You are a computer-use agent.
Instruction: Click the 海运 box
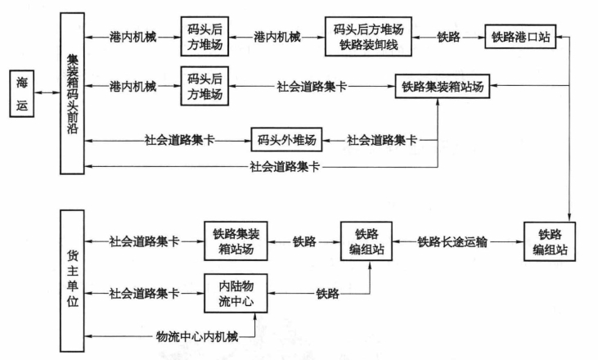tap(22, 93)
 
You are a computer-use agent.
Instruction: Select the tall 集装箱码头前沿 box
tap(72, 93)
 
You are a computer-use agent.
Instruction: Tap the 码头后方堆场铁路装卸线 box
tap(368, 37)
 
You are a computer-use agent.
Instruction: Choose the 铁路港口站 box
tap(520, 37)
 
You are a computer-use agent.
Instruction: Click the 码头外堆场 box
tap(286, 140)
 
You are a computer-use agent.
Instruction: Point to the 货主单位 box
tap(72, 281)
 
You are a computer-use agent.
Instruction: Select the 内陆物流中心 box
tap(236, 293)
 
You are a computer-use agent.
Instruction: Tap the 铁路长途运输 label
tap(452, 242)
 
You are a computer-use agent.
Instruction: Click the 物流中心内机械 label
tap(197, 336)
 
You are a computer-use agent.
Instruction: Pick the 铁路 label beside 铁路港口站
tap(448, 37)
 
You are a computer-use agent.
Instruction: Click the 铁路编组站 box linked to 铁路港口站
tap(550, 242)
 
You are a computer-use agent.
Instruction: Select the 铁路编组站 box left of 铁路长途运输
tap(366, 241)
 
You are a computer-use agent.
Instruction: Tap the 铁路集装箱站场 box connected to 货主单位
tap(236, 241)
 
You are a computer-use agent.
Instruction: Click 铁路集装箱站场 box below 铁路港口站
tap(443, 86)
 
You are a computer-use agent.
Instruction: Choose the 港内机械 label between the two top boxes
tap(277, 37)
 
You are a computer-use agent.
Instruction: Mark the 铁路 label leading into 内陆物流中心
tap(327, 293)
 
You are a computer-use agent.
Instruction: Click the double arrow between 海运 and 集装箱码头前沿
tap(47, 92)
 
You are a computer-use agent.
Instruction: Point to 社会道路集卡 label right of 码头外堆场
tap(381, 140)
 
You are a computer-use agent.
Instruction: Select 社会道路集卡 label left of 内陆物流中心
tap(144, 293)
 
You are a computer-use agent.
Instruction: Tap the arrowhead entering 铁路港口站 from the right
tap(559, 37)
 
